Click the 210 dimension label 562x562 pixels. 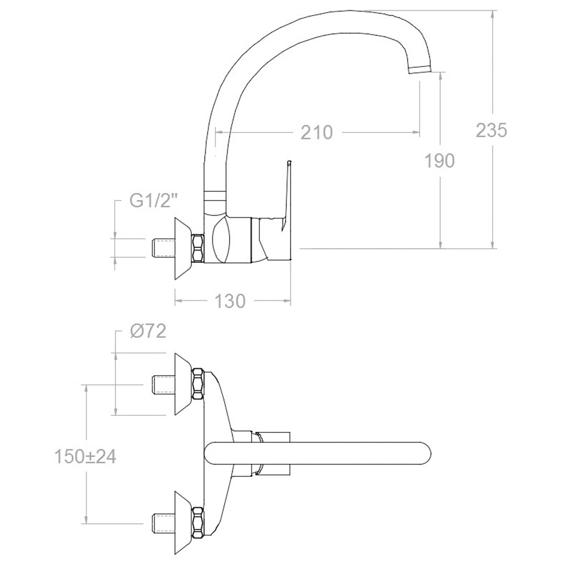(317, 133)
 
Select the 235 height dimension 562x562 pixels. (491, 131)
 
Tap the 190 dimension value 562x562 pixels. (439, 161)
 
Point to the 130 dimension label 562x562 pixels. (229, 301)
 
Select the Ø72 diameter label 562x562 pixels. (148, 332)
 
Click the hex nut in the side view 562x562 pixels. (199, 248)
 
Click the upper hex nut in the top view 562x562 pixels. (199, 384)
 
